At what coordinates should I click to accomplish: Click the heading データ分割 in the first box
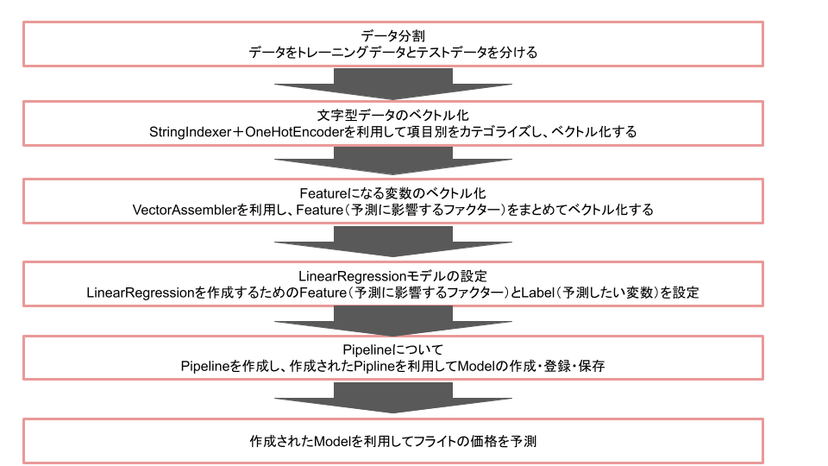coord(392,35)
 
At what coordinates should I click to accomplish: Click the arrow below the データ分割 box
coord(392,84)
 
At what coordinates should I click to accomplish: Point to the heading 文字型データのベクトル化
coord(392,115)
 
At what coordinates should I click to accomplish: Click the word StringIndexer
coord(191,132)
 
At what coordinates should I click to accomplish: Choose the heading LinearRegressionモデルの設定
coord(392,276)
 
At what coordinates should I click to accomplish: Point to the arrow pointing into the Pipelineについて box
coord(392,320)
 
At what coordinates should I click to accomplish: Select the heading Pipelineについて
coord(392,349)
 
